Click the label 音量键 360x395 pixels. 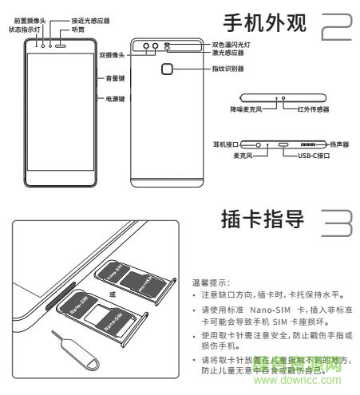point(113,78)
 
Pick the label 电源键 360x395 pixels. point(113,102)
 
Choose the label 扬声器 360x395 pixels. point(342,144)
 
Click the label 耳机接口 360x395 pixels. point(222,144)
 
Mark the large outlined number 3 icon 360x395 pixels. point(336,221)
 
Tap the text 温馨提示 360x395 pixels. point(209,282)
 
